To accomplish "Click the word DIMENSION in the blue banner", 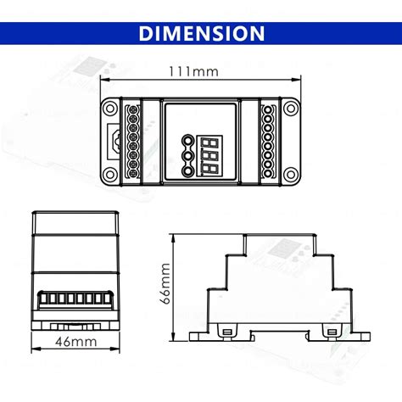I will click(x=201, y=33).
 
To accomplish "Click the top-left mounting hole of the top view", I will click(x=109, y=107).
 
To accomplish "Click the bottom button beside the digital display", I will click(x=186, y=170).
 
